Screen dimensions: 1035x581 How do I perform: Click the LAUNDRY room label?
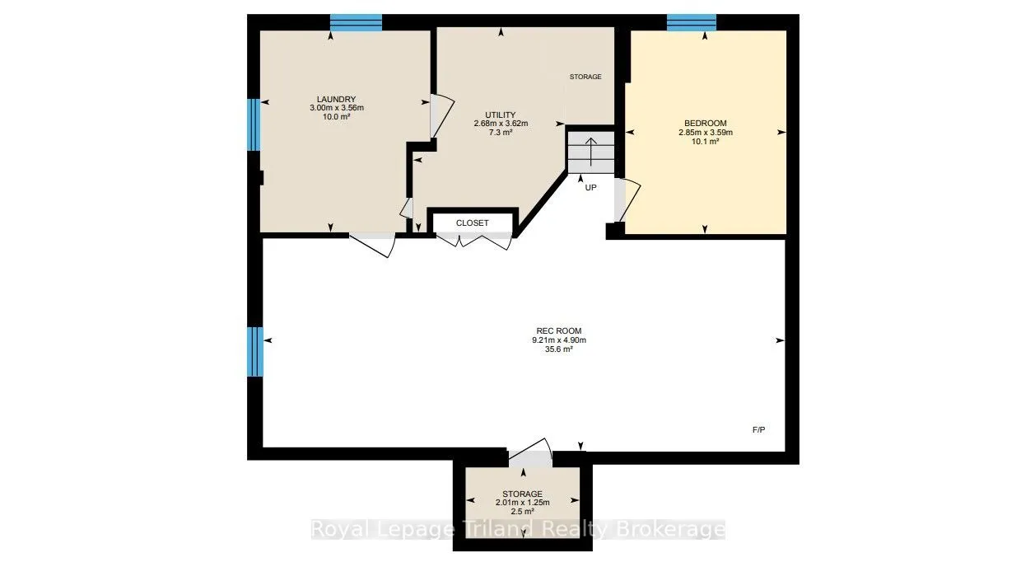click(x=337, y=99)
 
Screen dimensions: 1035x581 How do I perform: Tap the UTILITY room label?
click(x=501, y=115)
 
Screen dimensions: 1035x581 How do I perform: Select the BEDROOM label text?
click(x=706, y=123)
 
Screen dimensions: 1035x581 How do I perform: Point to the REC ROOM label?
click(x=559, y=330)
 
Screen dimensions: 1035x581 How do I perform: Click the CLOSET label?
click(x=473, y=223)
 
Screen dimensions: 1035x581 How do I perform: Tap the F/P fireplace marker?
click(x=758, y=429)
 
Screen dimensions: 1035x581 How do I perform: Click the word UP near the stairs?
click(x=591, y=188)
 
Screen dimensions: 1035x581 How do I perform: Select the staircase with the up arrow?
click(x=591, y=152)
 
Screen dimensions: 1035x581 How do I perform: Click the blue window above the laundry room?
click(x=357, y=22)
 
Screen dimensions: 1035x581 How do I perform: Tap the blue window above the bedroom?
click(x=692, y=22)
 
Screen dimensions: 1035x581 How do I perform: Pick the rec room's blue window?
click(x=254, y=352)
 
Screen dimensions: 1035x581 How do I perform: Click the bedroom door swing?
click(x=627, y=199)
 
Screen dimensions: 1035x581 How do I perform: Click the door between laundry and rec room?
click(x=372, y=244)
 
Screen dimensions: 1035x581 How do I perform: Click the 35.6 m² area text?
click(x=559, y=349)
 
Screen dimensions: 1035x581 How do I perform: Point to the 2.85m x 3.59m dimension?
click(x=706, y=133)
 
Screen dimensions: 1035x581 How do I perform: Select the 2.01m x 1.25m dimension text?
click(x=523, y=503)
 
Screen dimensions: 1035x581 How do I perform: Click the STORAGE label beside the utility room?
click(x=585, y=77)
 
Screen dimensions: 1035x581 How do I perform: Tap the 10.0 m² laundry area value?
click(x=337, y=116)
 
